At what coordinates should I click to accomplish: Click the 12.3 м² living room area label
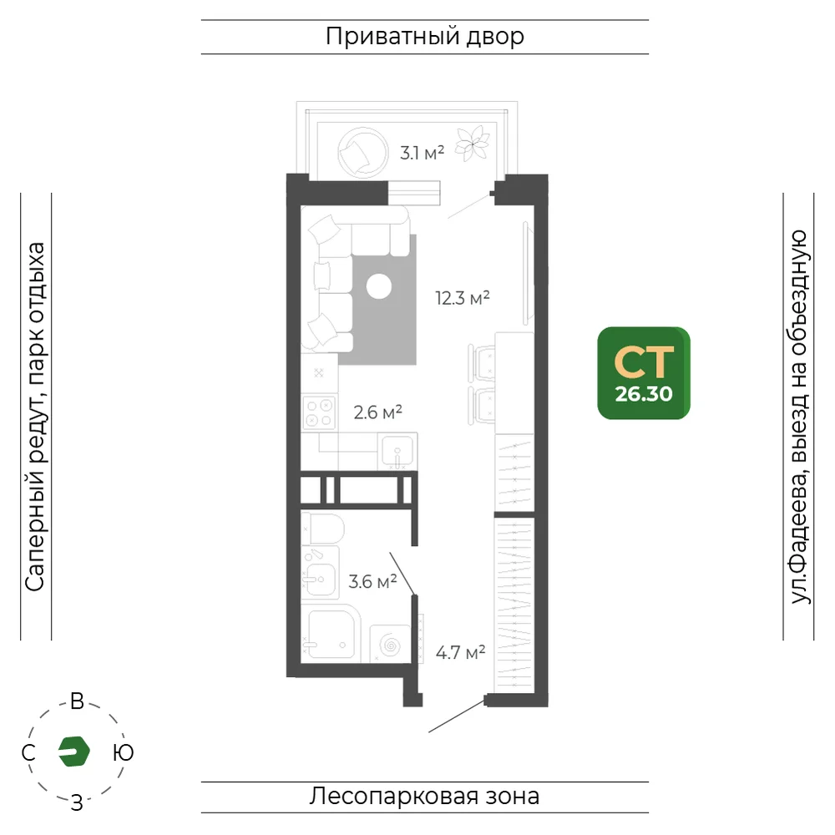tap(463, 298)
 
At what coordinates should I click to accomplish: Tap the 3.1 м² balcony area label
tap(422, 153)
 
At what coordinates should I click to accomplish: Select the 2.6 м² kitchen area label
tap(377, 412)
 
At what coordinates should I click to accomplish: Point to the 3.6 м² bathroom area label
tap(372, 581)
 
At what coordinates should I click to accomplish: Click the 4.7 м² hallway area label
tap(460, 652)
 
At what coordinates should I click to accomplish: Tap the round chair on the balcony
tap(362, 152)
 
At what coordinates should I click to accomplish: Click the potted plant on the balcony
tap(473, 144)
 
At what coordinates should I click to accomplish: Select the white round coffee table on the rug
tap(379, 286)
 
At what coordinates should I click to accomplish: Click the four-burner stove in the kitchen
tap(319, 412)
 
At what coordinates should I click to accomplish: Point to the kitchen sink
tap(397, 451)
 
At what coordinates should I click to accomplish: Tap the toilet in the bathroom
tap(322, 529)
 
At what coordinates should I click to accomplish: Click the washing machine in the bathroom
tap(390, 644)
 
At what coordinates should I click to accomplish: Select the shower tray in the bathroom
tap(331, 634)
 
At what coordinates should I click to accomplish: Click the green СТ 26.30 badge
tap(644, 372)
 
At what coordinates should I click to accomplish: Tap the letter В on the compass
tap(77, 701)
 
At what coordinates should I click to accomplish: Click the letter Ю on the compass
tap(124, 752)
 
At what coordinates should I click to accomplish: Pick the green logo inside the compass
tap(74, 751)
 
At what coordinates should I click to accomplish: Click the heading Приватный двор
tap(425, 37)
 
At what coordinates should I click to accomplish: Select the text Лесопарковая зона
tap(424, 796)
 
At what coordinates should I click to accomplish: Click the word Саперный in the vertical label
tap(35, 534)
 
